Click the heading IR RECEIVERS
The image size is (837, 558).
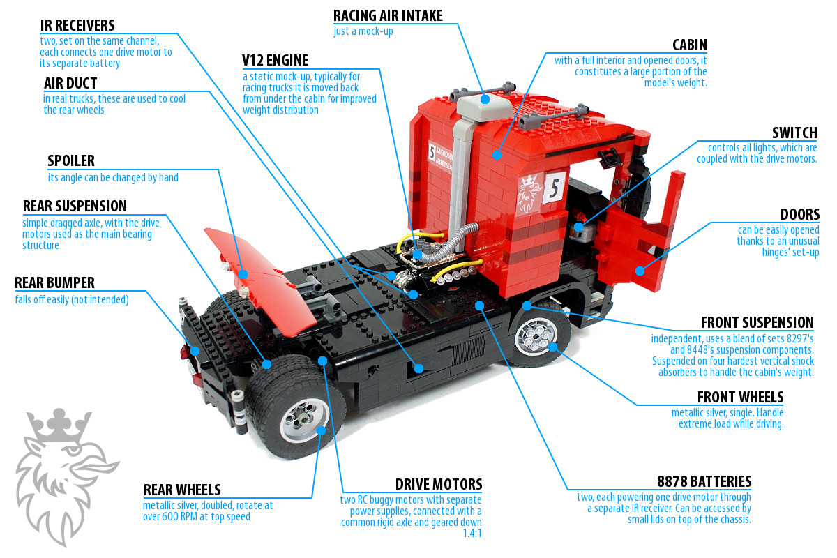pos(77,25)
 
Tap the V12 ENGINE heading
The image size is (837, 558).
pos(275,60)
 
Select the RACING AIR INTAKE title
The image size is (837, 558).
pos(388,16)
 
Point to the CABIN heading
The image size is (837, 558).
pos(689,45)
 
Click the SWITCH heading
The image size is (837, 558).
pos(794,133)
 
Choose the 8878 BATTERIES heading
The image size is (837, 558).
pos(704,481)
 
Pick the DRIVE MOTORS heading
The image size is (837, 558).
pos(439,484)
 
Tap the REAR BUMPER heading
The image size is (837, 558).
pos(54,283)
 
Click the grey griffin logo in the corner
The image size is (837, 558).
pos(66,476)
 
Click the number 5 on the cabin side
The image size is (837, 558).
pos(554,188)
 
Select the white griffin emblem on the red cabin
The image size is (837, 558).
pos(529,194)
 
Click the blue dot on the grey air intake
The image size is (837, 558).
pos(485,99)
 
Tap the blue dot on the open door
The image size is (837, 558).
pos(640,271)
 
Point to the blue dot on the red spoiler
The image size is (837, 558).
pos(243,274)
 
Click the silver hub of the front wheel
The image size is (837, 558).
pos(536,336)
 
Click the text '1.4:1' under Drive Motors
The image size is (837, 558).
pos(472,534)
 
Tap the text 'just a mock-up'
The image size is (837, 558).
pos(363,31)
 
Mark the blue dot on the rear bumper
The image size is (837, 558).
pos(195,352)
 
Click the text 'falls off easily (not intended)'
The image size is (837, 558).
pos(72,300)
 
